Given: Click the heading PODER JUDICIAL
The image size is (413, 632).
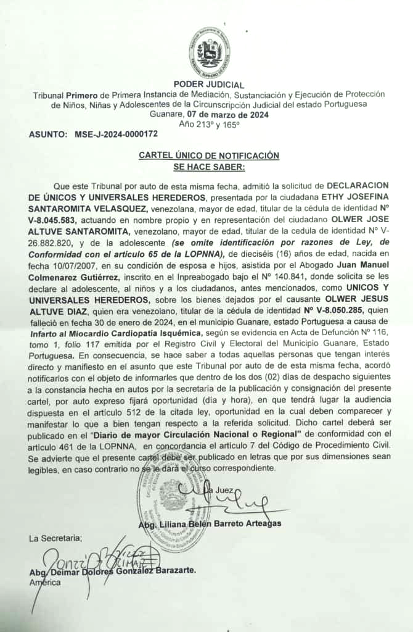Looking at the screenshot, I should (x=209, y=85).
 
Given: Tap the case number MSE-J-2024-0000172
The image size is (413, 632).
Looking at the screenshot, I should (x=116, y=134).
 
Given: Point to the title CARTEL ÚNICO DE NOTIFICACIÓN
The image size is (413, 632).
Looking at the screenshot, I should (x=209, y=156).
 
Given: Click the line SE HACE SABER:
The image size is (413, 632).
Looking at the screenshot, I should (x=209, y=166).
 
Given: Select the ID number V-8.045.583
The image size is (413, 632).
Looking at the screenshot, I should (x=58, y=220).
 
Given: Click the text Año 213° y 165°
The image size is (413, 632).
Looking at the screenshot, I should (x=209, y=124).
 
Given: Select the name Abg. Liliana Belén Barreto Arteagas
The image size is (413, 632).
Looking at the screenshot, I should (x=210, y=523).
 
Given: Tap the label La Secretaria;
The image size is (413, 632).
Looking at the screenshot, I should (x=55, y=538).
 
